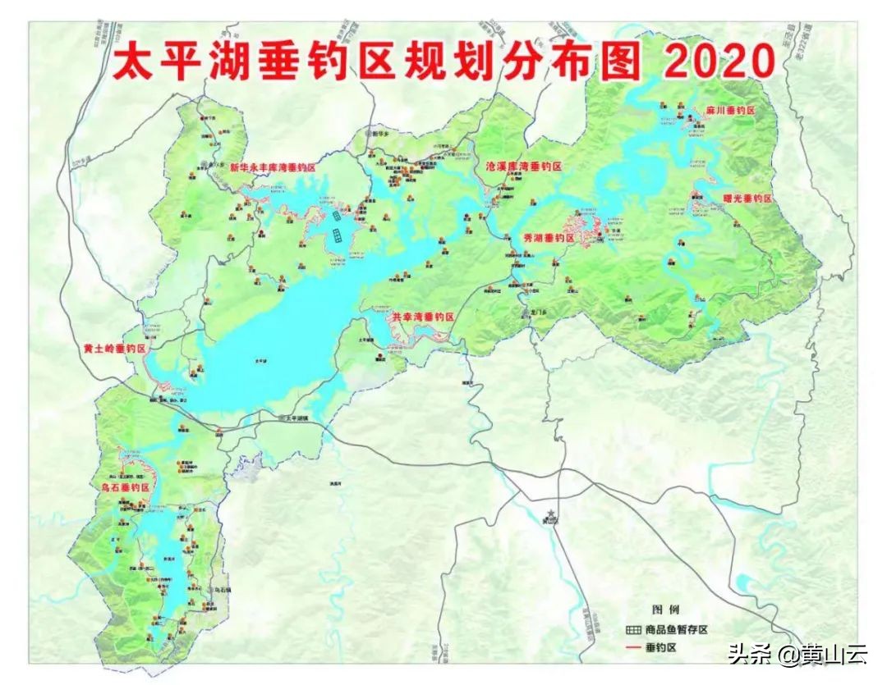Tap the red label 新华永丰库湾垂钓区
click(273, 167)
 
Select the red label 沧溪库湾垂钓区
click(524, 167)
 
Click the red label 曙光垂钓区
click(747, 199)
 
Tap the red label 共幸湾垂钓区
click(423, 316)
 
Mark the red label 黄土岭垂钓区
click(114, 349)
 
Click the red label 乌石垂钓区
click(122, 487)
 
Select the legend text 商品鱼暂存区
click(676, 629)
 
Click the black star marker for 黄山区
click(550, 513)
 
